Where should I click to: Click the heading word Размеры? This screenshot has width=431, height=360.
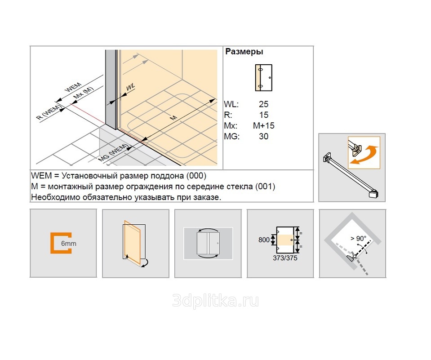point(244,52)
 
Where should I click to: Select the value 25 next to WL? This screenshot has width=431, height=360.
point(264,104)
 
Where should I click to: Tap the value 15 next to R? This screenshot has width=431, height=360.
point(264,115)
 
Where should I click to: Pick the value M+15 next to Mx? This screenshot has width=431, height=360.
point(264,126)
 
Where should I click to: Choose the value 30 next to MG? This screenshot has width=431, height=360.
point(264,137)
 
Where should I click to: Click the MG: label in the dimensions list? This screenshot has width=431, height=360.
point(232,137)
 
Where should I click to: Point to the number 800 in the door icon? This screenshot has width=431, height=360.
point(264,240)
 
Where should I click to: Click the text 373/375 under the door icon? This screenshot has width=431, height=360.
point(285,258)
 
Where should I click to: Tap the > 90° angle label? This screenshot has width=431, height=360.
point(359,239)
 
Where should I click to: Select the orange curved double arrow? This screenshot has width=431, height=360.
point(365,154)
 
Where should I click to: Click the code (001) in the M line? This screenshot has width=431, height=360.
point(265,186)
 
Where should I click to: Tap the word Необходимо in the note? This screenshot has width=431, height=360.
point(53,197)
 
